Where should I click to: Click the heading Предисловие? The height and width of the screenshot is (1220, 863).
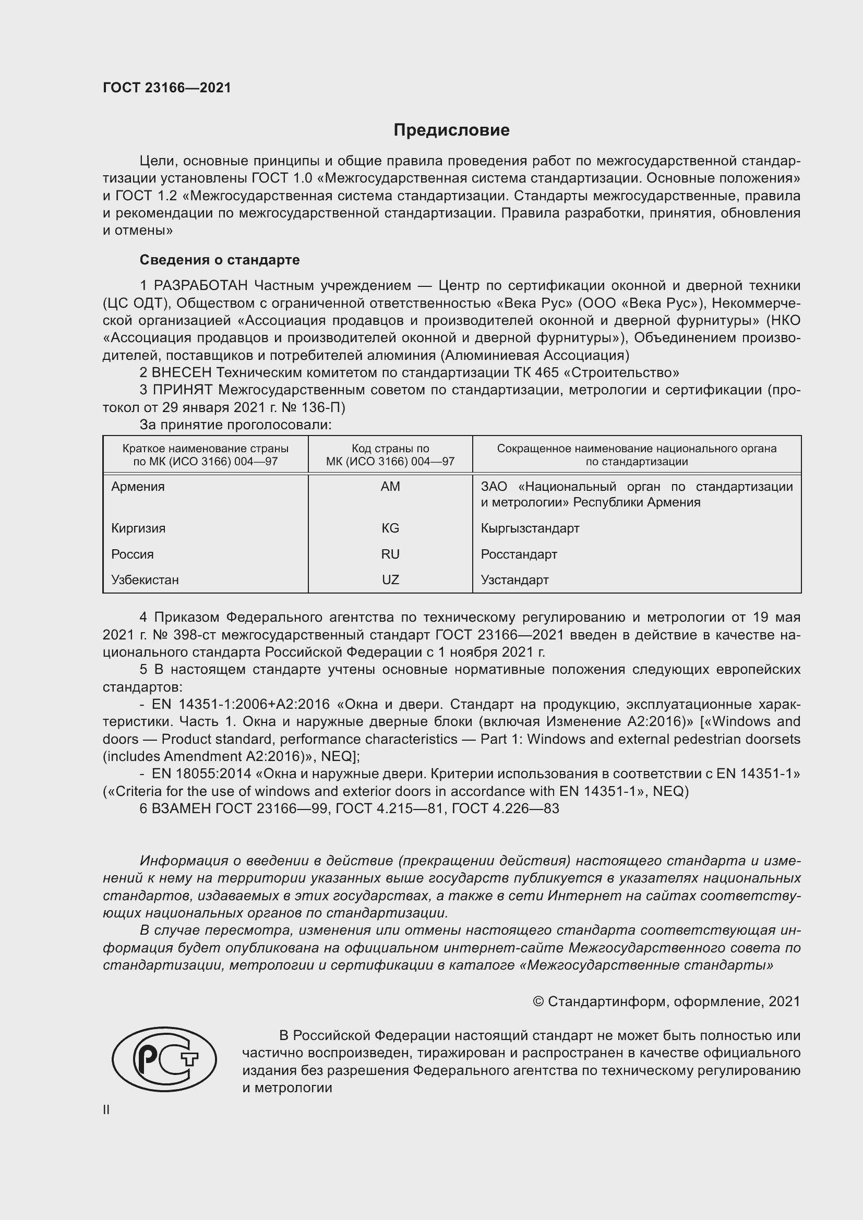[451, 130]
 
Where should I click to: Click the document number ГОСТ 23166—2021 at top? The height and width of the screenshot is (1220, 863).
[167, 88]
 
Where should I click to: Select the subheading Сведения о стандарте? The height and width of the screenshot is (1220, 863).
[220, 260]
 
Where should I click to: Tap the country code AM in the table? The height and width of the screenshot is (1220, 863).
[390, 487]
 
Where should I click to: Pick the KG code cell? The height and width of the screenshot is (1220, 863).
[390, 528]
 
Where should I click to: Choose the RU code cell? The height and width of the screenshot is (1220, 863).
[390, 554]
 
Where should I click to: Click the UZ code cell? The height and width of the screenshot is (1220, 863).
[390, 579]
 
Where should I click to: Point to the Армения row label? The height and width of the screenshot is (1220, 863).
[138, 487]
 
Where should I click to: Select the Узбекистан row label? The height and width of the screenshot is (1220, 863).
[145, 579]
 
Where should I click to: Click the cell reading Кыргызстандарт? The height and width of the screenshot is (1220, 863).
[530, 528]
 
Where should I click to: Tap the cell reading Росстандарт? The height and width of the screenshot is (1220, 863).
[519, 554]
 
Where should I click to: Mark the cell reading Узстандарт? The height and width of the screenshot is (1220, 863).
[514, 579]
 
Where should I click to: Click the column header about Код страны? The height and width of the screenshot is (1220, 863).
[390, 455]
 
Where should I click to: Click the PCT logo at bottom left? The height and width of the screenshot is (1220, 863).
[164, 1059]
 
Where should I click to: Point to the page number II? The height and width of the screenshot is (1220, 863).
[106, 1109]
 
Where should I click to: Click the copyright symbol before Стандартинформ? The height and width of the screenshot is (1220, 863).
[538, 1001]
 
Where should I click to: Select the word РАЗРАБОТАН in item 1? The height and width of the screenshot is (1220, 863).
[200, 286]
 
